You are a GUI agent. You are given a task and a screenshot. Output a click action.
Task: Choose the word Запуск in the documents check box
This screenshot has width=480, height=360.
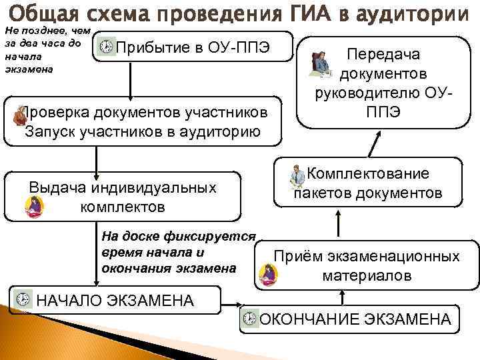point(51,130)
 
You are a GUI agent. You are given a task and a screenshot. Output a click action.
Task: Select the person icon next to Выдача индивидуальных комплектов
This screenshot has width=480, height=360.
point(34,209)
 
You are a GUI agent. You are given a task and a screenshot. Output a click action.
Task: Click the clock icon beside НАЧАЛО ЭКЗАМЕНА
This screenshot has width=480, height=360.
point(23,298)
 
